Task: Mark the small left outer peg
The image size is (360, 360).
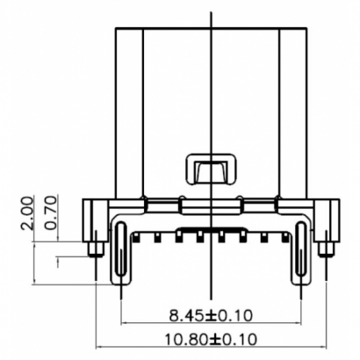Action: pos(94,249)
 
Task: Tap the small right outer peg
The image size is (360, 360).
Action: pos(326,249)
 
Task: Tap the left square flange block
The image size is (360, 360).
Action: pos(95,215)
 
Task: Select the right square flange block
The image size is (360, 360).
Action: pos(327,215)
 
